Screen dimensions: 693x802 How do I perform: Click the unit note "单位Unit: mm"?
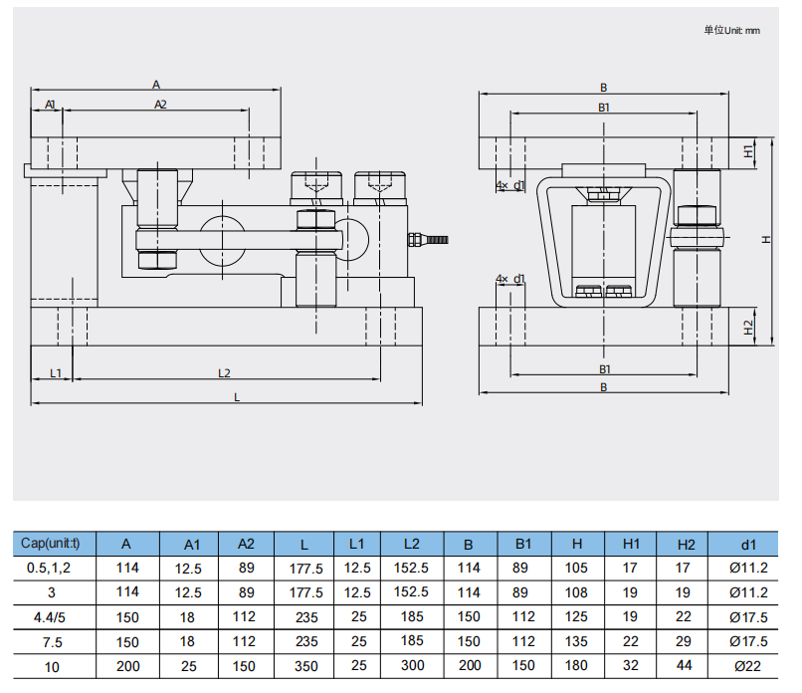[731, 30]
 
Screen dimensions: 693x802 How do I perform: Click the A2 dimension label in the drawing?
[160, 104]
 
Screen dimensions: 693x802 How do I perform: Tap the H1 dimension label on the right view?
[748, 150]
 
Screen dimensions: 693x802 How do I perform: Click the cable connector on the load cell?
[427, 239]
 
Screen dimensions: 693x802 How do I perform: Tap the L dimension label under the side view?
[236, 396]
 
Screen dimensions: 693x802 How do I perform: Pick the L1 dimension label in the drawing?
[56, 372]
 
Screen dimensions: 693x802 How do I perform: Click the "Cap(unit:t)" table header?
[57, 544]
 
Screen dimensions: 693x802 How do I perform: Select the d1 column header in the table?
[748, 544]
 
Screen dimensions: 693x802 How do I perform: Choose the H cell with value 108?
[577, 592]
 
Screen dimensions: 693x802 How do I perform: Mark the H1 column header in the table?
[631, 544]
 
